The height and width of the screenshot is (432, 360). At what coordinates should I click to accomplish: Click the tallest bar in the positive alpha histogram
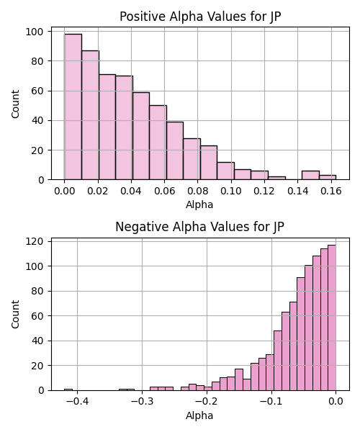(73, 107)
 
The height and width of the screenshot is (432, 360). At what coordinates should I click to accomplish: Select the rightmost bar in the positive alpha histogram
(328, 177)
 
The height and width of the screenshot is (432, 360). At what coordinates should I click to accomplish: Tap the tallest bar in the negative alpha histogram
(332, 318)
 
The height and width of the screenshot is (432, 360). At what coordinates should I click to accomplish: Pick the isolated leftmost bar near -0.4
(68, 390)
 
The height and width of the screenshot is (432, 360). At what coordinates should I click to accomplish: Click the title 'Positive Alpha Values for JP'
(200, 17)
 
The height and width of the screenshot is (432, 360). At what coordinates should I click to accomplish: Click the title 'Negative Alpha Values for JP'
(199, 227)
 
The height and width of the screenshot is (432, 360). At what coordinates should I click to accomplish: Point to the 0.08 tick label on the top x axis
(197, 191)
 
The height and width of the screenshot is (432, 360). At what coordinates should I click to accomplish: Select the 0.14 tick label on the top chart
(298, 191)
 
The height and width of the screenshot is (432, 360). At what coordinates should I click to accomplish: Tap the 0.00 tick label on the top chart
(65, 191)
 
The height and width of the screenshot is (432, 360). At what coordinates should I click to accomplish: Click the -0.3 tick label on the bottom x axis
(142, 402)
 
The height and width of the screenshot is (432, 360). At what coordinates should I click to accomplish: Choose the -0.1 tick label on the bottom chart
(271, 402)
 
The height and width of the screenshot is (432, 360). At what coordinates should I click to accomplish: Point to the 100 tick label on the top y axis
(35, 32)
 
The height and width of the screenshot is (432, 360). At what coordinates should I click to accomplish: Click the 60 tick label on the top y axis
(37, 91)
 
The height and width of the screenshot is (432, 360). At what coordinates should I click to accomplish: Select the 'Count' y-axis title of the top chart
(15, 104)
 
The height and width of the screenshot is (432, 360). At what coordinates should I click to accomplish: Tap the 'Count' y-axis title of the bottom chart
(15, 315)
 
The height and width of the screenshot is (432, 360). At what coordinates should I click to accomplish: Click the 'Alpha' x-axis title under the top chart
(199, 204)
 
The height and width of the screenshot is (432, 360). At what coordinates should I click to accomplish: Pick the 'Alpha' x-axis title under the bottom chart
(199, 415)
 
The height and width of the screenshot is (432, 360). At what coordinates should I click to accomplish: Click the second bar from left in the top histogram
(90, 115)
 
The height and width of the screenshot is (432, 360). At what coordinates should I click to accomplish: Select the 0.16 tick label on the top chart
(331, 191)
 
